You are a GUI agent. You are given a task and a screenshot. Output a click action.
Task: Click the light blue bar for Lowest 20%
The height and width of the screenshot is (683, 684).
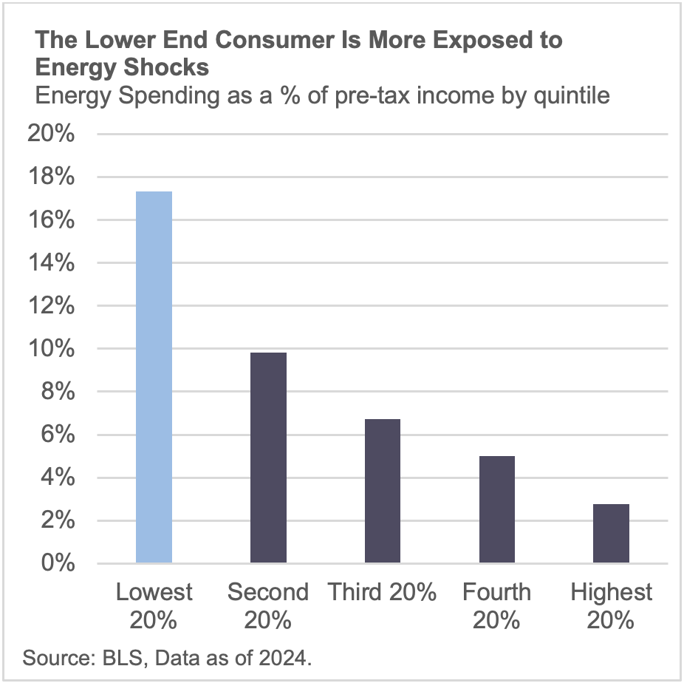[x=154, y=377]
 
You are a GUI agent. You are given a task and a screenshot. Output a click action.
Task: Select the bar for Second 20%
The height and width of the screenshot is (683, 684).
[x=268, y=458]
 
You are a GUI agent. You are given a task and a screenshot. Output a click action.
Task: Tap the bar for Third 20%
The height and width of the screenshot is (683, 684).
[x=382, y=491]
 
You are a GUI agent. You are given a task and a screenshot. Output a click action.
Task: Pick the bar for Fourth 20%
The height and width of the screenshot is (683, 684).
[x=496, y=509]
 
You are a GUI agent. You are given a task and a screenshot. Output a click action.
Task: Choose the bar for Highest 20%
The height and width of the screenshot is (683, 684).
[x=611, y=533]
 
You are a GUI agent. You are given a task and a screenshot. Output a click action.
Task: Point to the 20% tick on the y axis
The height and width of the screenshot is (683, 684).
[x=49, y=135]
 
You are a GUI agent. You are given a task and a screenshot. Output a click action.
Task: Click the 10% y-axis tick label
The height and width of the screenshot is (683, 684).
[x=49, y=349]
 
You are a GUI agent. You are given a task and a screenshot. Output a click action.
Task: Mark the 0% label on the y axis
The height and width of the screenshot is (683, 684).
[x=57, y=563]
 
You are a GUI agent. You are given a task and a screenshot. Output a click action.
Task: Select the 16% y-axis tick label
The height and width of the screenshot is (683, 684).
[x=49, y=220]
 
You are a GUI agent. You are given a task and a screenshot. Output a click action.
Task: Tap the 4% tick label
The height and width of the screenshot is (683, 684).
[x=57, y=478]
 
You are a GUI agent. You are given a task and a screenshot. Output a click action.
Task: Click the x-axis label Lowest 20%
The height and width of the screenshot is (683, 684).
[x=154, y=605]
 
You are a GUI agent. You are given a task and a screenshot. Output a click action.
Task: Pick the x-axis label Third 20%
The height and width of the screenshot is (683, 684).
[x=382, y=592]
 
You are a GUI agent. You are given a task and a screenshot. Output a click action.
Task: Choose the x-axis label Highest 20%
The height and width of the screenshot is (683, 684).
[x=611, y=605]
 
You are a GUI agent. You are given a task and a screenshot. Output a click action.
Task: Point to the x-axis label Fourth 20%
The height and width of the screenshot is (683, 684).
[x=496, y=605]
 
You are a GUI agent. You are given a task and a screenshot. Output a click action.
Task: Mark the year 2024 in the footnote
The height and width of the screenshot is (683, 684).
[x=282, y=657]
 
